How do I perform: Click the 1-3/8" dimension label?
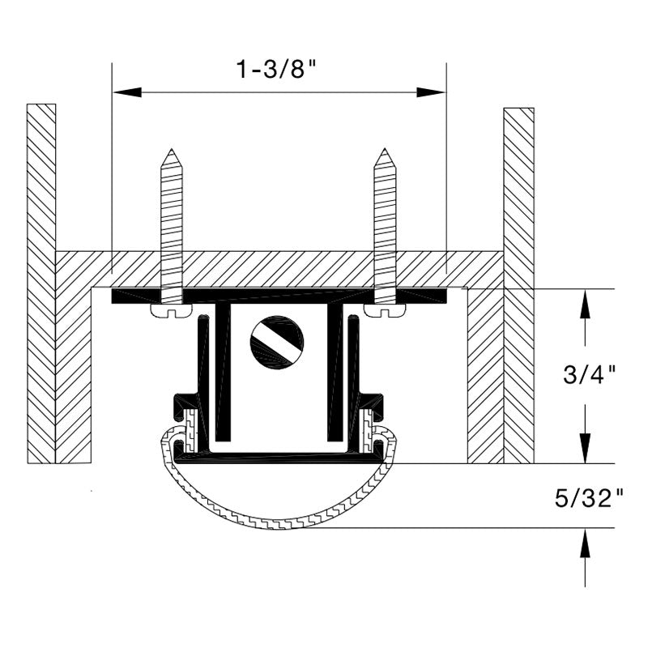click(x=276, y=69)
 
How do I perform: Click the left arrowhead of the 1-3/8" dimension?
click(x=127, y=92)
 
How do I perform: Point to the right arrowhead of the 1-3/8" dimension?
click(x=431, y=92)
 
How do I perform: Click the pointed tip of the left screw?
click(x=171, y=149)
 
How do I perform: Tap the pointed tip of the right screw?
click(x=385, y=149)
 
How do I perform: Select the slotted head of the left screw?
click(x=171, y=311)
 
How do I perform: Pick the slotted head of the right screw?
click(x=385, y=311)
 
